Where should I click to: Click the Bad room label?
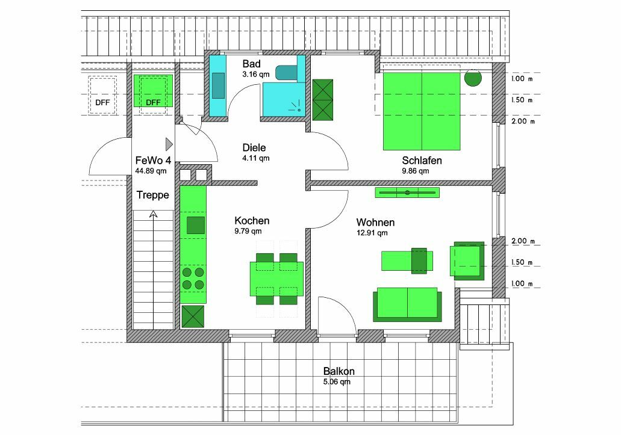(x=252, y=64)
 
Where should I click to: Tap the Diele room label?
(x=254, y=147)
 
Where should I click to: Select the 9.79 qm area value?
(x=248, y=232)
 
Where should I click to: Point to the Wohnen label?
(x=375, y=222)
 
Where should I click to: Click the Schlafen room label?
(x=422, y=160)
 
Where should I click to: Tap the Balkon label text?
(x=339, y=371)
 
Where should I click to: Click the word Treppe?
(x=152, y=195)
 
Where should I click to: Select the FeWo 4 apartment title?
(x=153, y=160)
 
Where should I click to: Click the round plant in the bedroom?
(x=472, y=78)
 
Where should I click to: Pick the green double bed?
(x=422, y=111)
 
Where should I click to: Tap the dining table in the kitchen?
(x=276, y=279)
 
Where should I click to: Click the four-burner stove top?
(x=193, y=279)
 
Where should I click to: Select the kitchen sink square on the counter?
(x=196, y=225)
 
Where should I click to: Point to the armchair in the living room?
(x=467, y=261)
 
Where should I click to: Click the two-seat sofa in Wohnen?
(x=407, y=304)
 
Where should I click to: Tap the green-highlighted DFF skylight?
(x=153, y=91)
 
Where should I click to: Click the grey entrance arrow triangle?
(x=169, y=144)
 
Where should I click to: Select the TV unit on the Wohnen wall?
(x=407, y=193)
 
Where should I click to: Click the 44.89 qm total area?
(x=151, y=171)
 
